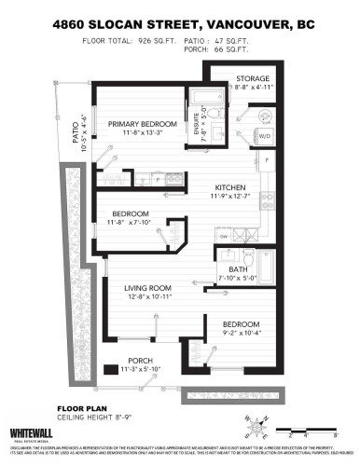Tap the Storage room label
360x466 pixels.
[253, 78]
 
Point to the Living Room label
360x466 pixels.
[149, 287]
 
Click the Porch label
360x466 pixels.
[141, 361]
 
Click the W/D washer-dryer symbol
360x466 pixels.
[263, 135]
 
